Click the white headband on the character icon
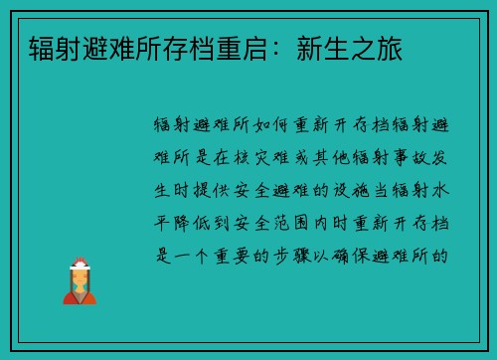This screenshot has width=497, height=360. click(79, 267)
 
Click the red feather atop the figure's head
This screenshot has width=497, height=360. click(79, 259)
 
